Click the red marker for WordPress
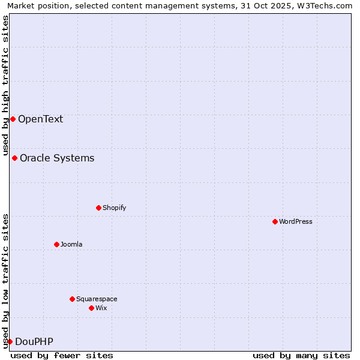coord(275,221)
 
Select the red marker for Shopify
coord(98,208)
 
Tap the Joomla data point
coord(56,244)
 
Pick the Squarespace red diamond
coord(72,299)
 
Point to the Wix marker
coord(91,308)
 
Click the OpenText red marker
coord(13,119)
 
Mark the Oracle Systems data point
coord(14,158)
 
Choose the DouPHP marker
coord(10,341)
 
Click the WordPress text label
coord(296,221)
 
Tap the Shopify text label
coord(114,208)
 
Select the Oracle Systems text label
coord(57,158)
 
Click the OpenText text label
coord(40,119)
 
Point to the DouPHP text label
coord(34,341)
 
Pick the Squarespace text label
coord(97,299)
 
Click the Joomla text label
coord(71,244)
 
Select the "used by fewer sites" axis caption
coord(62,355)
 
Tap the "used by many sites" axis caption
coord(301,355)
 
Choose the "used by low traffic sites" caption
coord(5,281)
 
